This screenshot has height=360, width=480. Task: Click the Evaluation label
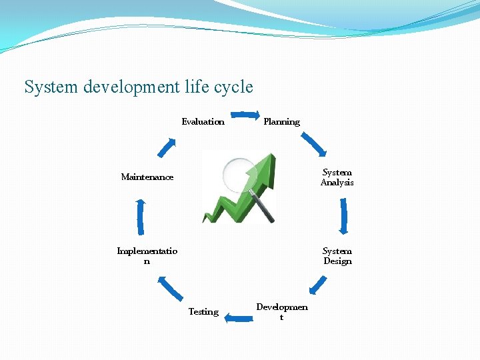(x=203, y=121)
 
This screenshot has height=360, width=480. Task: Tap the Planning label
(x=281, y=121)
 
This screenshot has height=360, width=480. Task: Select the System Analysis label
(x=337, y=177)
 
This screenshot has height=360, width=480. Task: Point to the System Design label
(x=337, y=256)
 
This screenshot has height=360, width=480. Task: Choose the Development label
(x=281, y=312)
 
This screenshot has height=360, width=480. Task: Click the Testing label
(x=203, y=311)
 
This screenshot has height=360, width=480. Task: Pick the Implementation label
(x=147, y=256)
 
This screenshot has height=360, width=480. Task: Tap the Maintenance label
(x=147, y=177)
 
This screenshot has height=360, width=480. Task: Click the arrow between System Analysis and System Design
(x=343, y=216)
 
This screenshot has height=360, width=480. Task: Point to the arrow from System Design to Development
(x=318, y=285)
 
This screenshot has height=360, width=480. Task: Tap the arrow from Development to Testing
(x=236, y=319)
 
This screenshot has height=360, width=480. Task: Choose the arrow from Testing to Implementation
(x=171, y=288)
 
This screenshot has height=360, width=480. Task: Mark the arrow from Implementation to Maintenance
(x=140, y=217)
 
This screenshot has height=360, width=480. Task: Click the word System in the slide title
(x=53, y=87)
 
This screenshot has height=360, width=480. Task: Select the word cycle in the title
(x=234, y=87)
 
